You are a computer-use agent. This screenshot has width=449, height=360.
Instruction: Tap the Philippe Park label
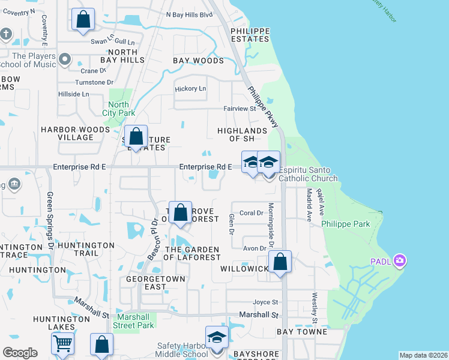[346, 224]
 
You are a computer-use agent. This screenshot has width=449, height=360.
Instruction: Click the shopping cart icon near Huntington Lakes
[62, 344]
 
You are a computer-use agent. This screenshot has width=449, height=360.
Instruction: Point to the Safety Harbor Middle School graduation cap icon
[217, 337]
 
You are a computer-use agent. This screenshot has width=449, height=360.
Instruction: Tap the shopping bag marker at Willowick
[280, 262]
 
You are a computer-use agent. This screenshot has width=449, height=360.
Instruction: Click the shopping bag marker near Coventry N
[83, 19]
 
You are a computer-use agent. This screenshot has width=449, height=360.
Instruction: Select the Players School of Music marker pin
[65, 60]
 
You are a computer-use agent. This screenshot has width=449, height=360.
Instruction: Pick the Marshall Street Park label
[135, 321]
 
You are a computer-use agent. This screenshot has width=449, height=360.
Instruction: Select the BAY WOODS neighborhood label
[198, 61]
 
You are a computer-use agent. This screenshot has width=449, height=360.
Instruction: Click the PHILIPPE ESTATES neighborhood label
[249, 34]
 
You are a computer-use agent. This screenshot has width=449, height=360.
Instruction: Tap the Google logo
[20, 353]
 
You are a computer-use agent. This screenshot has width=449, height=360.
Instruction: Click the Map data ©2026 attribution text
[423, 355]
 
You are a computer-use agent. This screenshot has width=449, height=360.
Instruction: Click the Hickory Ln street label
[190, 89]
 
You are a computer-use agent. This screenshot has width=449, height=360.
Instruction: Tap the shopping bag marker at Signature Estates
[136, 137]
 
